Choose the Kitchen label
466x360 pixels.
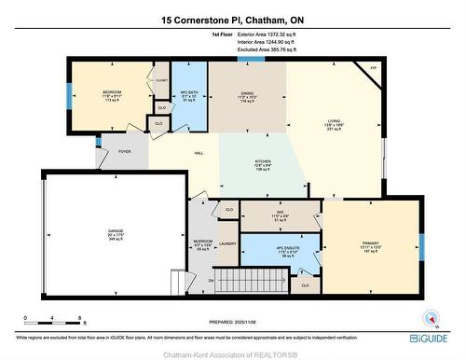(263, 163)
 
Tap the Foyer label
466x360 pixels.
(121, 153)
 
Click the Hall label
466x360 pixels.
(199, 153)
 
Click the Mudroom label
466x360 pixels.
(203, 244)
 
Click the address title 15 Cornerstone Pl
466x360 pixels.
(232, 19)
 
